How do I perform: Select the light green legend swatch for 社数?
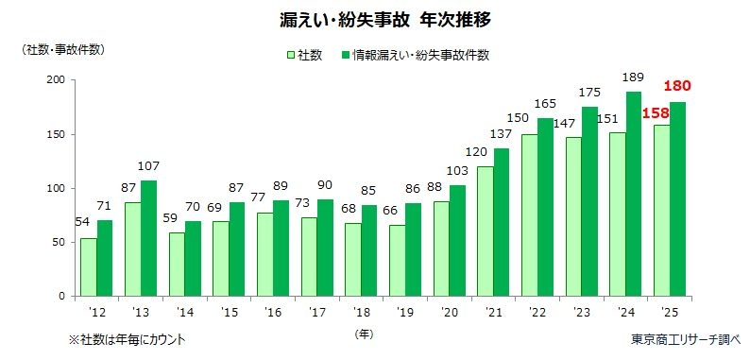291,56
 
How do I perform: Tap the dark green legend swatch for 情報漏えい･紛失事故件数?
346,56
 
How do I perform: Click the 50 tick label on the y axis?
60,243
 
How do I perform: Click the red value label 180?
681,87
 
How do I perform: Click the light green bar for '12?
88,267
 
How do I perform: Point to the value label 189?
636,77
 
